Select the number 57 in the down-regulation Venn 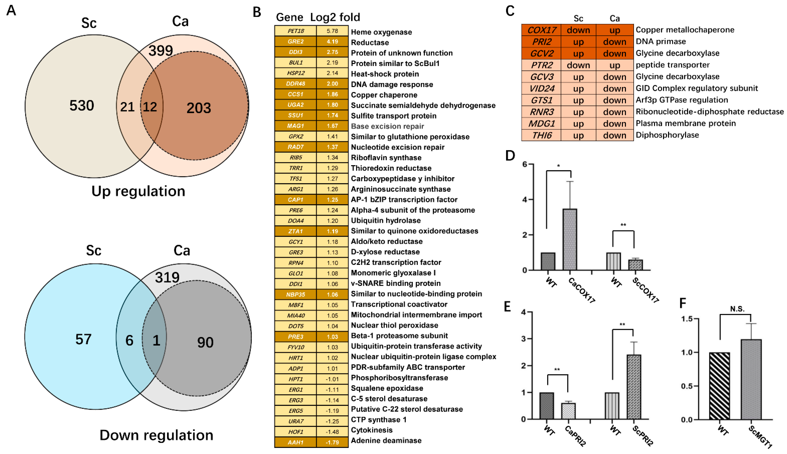pos(83,339)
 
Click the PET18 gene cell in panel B pos(295,31)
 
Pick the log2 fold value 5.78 pos(332,31)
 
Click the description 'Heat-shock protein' pos(385,74)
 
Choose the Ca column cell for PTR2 pos(614,65)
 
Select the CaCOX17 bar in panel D pos(570,239)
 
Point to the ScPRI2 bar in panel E pos(634,387)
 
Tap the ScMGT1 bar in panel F pos(751,379)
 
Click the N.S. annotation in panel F pos(737,309)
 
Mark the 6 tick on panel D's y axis pos(525,164)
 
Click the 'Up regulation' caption pos(138,191)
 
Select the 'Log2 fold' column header pos(335,17)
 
